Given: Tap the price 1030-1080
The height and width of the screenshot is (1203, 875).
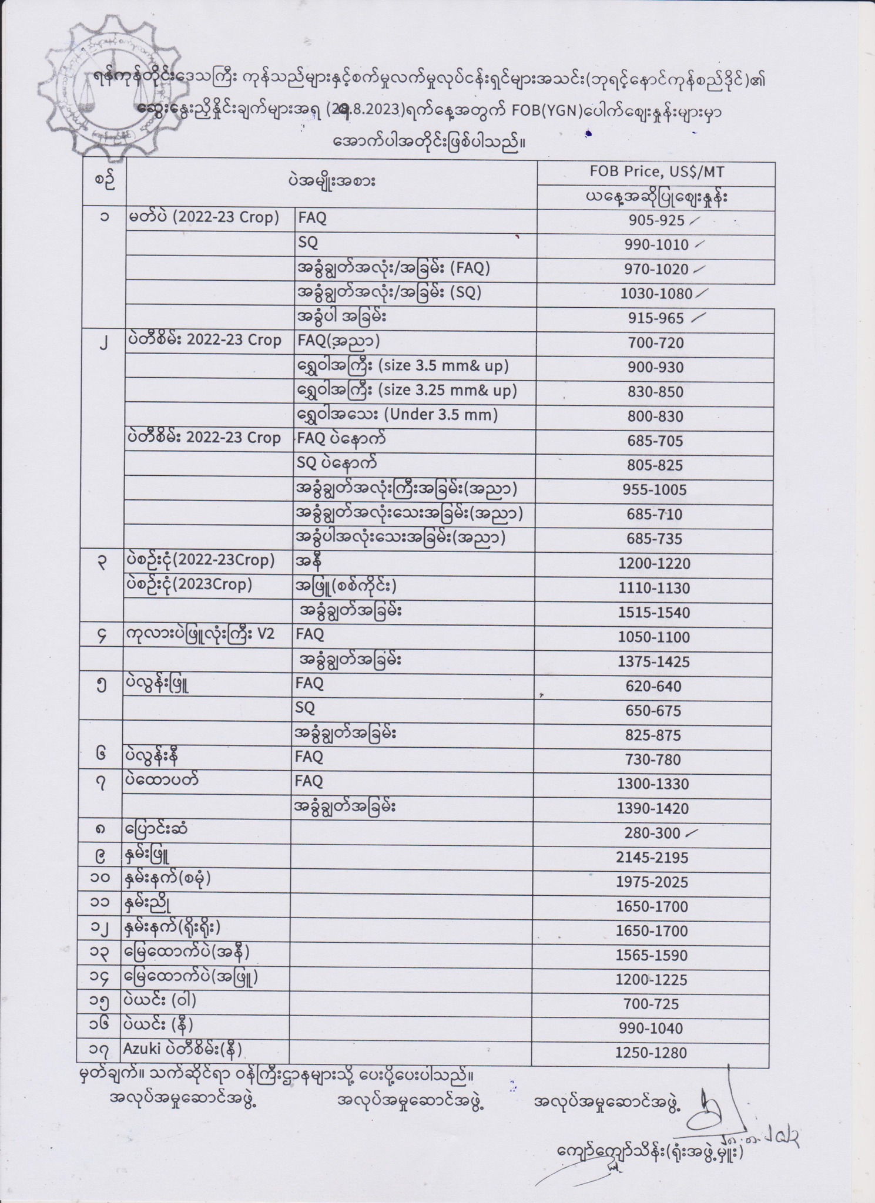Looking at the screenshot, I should point(656,294).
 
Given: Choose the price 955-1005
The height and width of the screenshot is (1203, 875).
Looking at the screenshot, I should point(654,490).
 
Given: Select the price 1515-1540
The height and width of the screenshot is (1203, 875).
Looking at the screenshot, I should point(653,613).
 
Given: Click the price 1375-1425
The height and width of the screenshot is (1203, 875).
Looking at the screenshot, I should point(653,662).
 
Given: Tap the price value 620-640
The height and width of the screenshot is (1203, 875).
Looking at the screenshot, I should point(653,686).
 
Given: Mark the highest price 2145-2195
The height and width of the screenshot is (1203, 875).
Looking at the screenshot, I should point(652,858).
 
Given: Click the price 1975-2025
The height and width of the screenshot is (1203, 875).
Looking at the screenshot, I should point(652,882).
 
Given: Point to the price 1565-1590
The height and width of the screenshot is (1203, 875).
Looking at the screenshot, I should point(651,956).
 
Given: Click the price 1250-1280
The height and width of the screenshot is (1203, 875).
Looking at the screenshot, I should point(651,1053).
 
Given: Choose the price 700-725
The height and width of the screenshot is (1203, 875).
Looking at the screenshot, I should point(651,1004).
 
